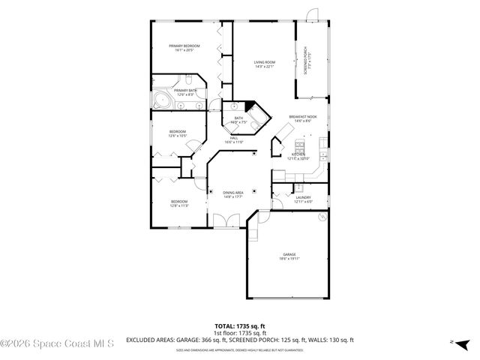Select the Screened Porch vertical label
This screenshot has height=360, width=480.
[305, 60]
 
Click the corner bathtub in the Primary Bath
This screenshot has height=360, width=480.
[161, 100]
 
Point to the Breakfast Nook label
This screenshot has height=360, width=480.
[304, 118]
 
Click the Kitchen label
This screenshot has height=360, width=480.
[298, 156]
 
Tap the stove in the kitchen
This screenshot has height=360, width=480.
[299, 145]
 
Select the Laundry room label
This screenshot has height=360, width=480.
[302, 199]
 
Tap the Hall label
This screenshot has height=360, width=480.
[234, 139]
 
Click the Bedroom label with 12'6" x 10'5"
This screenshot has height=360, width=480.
[177, 133]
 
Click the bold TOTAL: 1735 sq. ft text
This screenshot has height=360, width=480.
[240, 326]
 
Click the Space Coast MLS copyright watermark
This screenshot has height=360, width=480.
[57, 344]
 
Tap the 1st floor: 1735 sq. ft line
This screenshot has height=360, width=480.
[240, 333]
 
